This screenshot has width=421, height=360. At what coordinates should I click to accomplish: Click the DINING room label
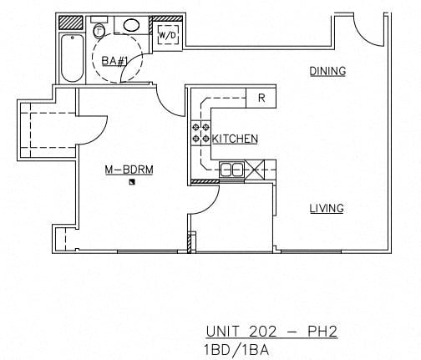point(327,71)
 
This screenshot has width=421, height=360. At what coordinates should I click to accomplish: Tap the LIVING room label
point(327,208)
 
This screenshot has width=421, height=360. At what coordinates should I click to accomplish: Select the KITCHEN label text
point(235,139)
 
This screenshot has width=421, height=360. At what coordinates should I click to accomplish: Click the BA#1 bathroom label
point(114,60)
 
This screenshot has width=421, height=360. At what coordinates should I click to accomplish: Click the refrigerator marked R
point(261,99)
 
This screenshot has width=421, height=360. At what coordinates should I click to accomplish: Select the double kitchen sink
point(231,170)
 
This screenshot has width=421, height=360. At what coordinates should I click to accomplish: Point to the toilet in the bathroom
point(99,31)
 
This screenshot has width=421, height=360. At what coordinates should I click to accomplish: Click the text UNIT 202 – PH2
point(271,332)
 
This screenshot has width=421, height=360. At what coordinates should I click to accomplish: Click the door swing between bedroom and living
point(206,199)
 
